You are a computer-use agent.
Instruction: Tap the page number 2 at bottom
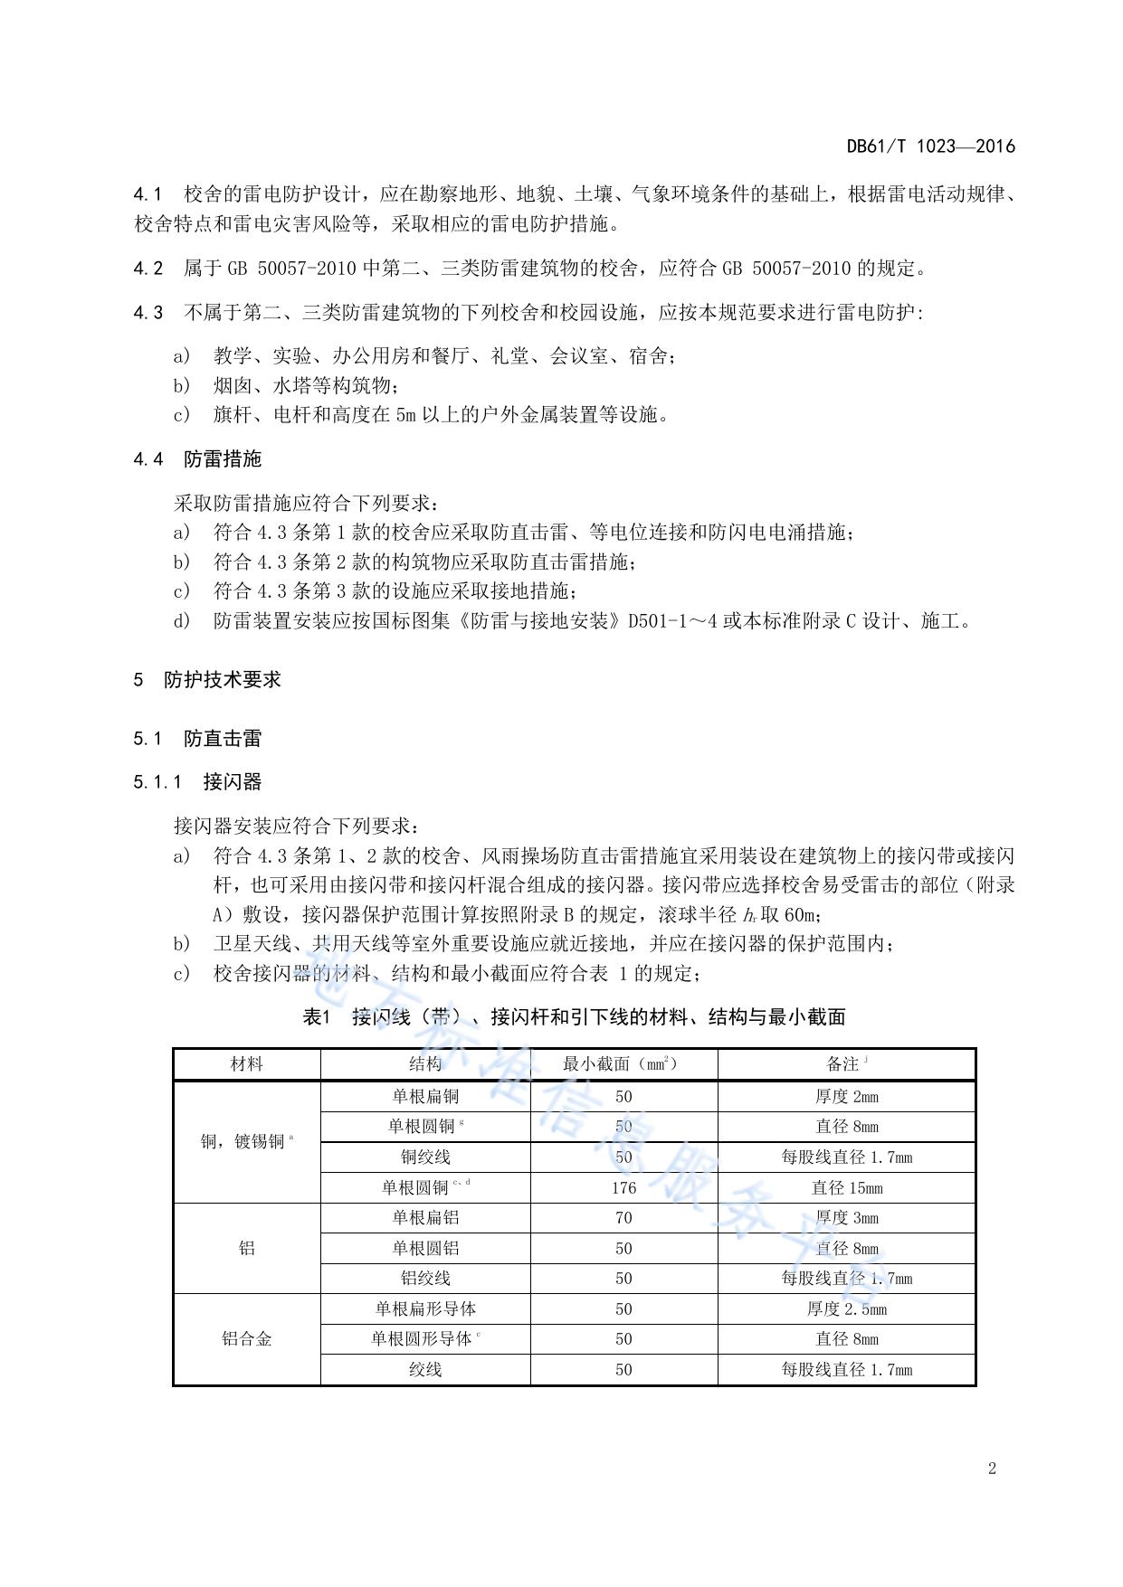tap(992, 1469)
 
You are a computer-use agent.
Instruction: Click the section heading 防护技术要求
tap(223, 680)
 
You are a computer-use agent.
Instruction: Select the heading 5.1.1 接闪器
tap(197, 781)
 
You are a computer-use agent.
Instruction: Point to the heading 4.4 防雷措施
tap(197, 459)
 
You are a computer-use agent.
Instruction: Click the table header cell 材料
tap(246, 1064)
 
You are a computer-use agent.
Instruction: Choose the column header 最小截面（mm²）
tap(623, 1064)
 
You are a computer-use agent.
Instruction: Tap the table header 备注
tap(845, 1064)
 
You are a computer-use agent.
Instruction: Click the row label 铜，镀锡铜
tap(246, 1142)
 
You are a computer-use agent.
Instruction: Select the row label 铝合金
tap(246, 1339)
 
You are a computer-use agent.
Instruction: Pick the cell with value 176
tap(623, 1188)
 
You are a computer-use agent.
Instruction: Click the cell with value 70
tap(623, 1218)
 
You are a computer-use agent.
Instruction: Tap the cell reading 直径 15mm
tap(846, 1188)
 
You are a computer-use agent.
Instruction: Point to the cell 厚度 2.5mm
tap(846, 1309)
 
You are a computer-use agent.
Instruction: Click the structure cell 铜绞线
tap(425, 1157)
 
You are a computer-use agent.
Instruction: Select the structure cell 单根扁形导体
tap(425, 1309)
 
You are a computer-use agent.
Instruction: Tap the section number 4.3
tap(148, 313)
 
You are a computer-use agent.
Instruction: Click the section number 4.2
tap(148, 269)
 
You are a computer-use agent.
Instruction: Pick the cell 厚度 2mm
tap(846, 1097)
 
